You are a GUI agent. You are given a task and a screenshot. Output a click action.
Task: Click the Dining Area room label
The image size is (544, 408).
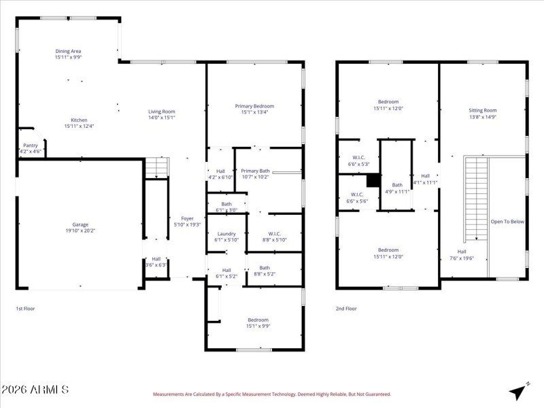click(68, 51)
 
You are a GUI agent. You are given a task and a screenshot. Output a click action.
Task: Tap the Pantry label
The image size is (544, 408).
click(31, 145)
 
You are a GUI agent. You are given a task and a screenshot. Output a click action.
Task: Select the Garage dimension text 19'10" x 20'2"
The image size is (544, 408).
click(80, 231)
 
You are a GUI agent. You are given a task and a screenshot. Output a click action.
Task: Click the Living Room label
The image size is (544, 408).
click(162, 112)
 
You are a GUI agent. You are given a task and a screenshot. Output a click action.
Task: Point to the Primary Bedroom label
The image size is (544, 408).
click(254, 106)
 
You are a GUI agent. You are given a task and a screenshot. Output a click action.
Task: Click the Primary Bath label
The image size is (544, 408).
click(255, 171)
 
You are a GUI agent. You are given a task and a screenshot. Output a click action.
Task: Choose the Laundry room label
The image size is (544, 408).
click(226, 234)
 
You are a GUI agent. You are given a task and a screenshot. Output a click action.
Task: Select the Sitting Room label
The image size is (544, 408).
click(483, 110)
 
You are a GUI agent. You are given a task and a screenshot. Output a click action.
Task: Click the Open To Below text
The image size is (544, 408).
click(507, 221)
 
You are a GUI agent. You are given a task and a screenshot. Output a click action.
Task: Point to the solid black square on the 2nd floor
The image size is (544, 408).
click(373, 181)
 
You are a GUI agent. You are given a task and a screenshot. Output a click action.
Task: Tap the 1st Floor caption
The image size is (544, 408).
click(26, 309)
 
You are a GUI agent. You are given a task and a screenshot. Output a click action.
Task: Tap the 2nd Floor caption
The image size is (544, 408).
click(346, 309)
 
